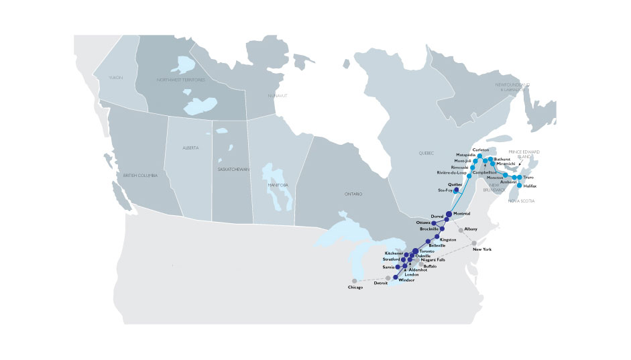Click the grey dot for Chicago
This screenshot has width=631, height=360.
point(355,281)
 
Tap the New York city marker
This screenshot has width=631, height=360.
point(473,243)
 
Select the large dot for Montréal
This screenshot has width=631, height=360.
point(449,214)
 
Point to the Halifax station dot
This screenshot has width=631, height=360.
point(520,185)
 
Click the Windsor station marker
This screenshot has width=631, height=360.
point(394,277)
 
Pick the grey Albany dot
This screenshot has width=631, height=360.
point(458,229)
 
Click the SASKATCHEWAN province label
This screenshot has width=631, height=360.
point(234,169)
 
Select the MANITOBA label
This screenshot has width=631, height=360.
point(278,184)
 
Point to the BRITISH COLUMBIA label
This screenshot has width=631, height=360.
point(140,175)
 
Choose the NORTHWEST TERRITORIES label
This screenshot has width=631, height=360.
point(181,80)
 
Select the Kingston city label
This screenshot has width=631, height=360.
point(449,240)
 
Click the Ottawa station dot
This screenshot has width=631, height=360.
point(434,223)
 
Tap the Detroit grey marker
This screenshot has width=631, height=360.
point(388,278)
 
